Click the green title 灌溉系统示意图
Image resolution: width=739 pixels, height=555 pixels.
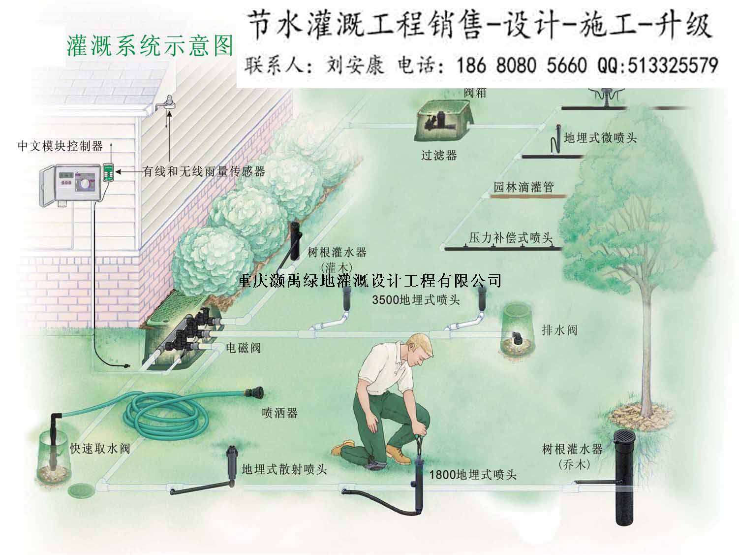(x=149, y=46)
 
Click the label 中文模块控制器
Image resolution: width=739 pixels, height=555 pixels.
(x=60, y=146)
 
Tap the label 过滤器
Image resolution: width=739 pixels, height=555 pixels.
(x=439, y=156)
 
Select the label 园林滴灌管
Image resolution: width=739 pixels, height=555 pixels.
(x=524, y=187)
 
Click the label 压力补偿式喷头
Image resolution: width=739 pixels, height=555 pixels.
(x=510, y=238)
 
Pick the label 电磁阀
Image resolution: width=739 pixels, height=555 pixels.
(x=243, y=348)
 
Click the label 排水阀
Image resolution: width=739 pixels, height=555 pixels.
(x=559, y=330)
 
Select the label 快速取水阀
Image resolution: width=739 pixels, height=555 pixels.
(x=100, y=449)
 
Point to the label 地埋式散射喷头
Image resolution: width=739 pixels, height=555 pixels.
(x=284, y=469)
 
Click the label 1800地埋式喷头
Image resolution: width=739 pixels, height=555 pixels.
(x=473, y=475)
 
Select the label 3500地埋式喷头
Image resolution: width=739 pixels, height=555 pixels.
(x=416, y=300)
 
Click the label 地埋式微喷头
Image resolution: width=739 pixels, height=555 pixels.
(x=600, y=138)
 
